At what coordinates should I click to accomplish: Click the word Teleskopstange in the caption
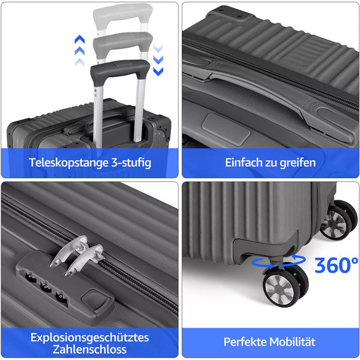point(68,163)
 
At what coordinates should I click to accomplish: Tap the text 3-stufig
point(131,163)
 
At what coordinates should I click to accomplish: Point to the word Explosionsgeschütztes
point(90,338)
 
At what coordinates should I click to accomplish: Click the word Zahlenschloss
point(90,349)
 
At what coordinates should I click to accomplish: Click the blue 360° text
point(336,265)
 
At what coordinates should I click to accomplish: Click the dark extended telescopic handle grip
point(121,70)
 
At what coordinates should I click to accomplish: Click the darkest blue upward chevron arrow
point(80,39)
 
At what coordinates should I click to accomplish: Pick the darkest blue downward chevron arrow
point(158,71)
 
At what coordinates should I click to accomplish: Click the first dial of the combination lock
point(31,277)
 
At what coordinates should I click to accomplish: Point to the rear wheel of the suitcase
point(338,220)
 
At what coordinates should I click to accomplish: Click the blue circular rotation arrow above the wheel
point(279,261)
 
